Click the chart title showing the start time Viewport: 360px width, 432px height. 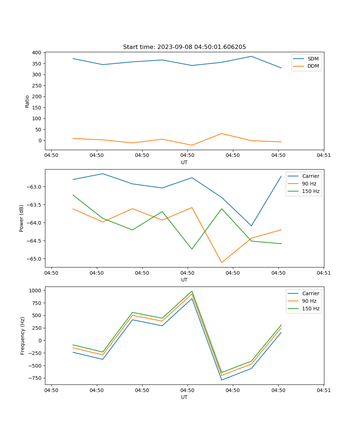[x=184, y=47]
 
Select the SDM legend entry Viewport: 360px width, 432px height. [x=313, y=58]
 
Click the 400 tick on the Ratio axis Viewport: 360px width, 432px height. [x=37, y=53]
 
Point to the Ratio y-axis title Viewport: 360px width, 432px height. [x=27, y=101]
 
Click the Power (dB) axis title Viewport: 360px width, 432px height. [x=22, y=218]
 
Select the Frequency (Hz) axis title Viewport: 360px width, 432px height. [x=23, y=336]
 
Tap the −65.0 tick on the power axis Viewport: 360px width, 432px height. [x=33, y=259]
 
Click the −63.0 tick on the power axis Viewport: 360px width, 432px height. [x=33, y=187]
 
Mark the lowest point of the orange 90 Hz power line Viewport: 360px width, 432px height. [x=221, y=262]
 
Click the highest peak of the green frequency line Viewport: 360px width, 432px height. [x=192, y=291]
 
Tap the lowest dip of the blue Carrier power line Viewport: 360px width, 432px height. [x=251, y=226]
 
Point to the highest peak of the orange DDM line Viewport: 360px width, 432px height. [x=221, y=134]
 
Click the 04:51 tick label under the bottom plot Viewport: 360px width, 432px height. [x=324, y=390]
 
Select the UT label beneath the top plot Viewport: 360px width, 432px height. [x=184, y=162]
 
